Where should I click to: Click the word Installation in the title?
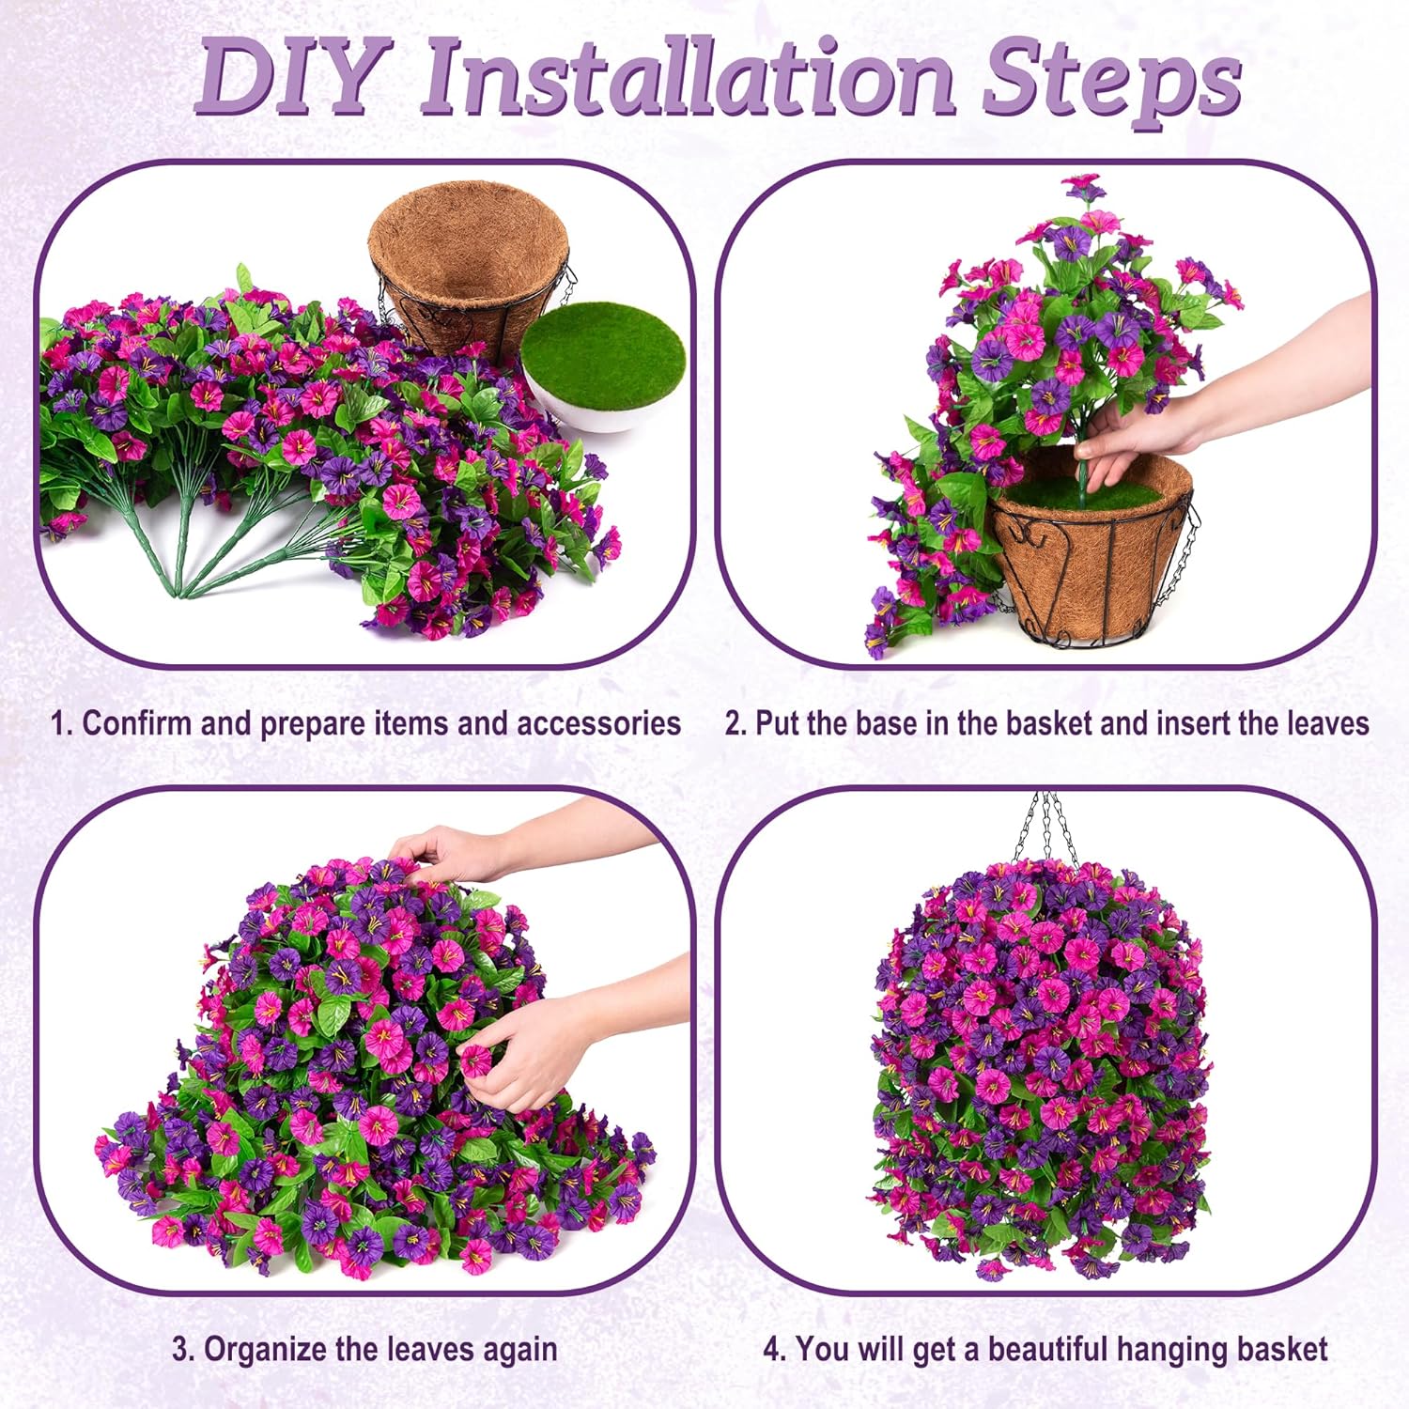pyautogui.click(x=686, y=77)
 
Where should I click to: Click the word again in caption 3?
pyautogui.click(x=519, y=1350)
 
